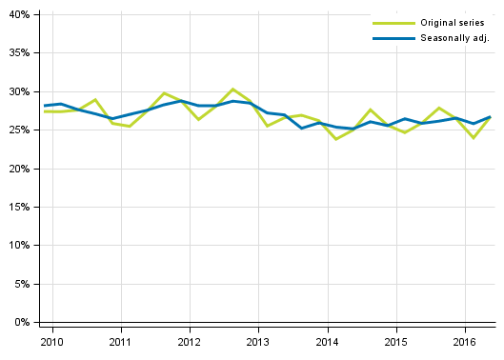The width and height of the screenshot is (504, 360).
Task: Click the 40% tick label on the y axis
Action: pyautogui.click(x=20, y=15)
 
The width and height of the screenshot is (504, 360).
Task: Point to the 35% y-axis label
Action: pyautogui.click(x=20, y=53)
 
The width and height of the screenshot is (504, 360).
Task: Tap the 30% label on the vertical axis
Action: pyautogui.click(x=20, y=92)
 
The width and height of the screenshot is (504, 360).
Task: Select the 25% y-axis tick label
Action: pyautogui.click(x=20, y=130)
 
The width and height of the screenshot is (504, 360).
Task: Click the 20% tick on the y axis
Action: pyautogui.click(x=20, y=169)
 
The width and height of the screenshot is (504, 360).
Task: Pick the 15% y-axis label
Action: pyautogui.click(x=20, y=208)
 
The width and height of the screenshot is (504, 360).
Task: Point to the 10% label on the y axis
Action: pyautogui.click(x=20, y=246)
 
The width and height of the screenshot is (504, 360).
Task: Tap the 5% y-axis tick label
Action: pyautogui.click(x=23, y=284)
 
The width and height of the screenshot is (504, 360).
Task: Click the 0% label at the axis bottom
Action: pyautogui.click(x=23, y=323)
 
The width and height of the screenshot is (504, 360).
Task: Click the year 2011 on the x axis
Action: pyautogui.click(x=120, y=342)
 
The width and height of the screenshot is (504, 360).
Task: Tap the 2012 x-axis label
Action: pyautogui.click(x=190, y=342)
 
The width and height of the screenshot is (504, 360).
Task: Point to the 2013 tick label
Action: pyautogui.click(x=258, y=342)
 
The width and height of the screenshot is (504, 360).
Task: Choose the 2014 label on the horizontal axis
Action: pyautogui.click(x=327, y=342)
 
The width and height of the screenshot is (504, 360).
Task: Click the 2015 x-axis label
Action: pyautogui.click(x=396, y=342)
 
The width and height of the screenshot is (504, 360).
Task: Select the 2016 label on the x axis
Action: pyautogui.click(x=465, y=342)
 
